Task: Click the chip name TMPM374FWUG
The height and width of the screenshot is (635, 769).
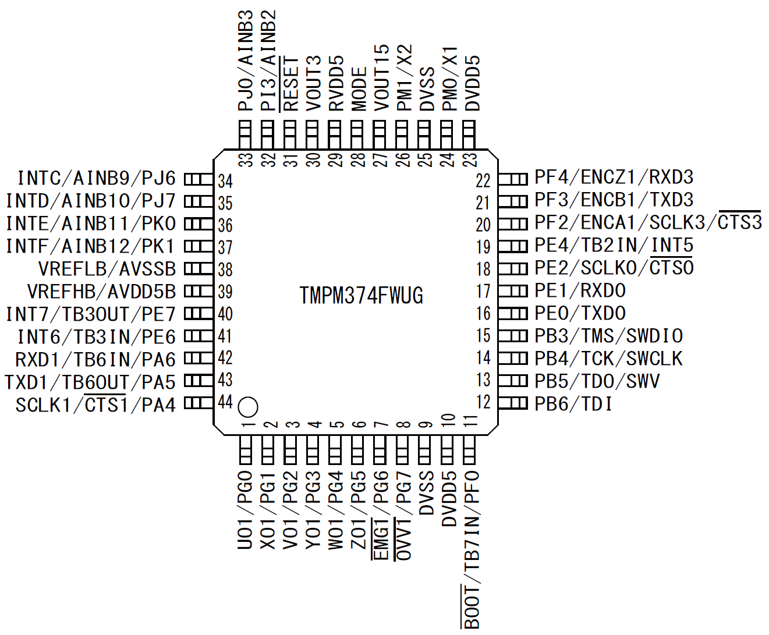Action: [361, 296]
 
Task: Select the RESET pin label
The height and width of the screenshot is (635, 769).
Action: [290, 84]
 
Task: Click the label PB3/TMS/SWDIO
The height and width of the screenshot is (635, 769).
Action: [608, 336]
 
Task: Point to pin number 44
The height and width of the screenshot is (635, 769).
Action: [225, 402]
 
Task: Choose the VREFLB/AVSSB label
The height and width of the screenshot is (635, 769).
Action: [107, 269]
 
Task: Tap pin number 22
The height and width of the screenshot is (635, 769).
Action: [483, 180]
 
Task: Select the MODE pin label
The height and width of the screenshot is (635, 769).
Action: [359, 89]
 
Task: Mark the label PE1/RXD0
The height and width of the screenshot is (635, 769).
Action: [580, 290]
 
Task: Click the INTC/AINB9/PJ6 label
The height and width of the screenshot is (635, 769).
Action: [97, 178]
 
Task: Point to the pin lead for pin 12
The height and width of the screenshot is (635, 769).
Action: [513, 403]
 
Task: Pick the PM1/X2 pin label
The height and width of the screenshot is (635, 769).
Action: [404, 78]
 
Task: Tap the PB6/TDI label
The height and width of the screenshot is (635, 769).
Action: [573, 404]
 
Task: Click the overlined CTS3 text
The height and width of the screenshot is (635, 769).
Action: [739, 222]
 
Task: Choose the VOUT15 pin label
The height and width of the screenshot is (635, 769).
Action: [381, 78]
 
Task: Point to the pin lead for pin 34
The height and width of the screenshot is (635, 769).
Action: [199, 179]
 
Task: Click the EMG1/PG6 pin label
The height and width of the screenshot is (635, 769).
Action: [381, 516]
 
